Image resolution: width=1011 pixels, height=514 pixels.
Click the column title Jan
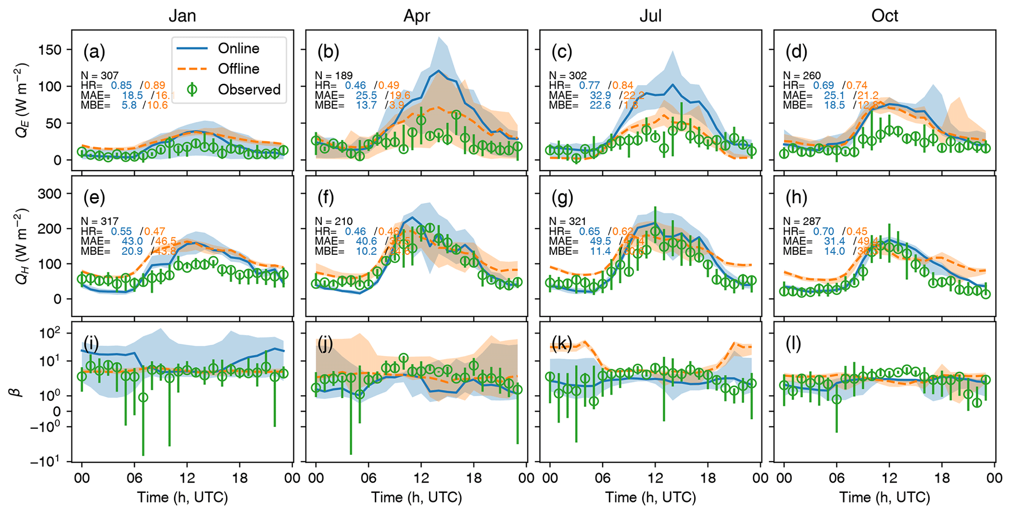tap(182, 16)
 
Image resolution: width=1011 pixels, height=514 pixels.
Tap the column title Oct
tap(884, 16)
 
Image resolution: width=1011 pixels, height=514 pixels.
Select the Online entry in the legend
tap(238, 48)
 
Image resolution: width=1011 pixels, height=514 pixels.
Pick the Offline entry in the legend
tap(238, 69)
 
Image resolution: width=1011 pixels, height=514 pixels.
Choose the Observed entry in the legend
tap(249, 89)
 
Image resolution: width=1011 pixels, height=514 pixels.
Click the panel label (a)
tap(94, 51)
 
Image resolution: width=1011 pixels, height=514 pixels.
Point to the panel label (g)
tap(562, 198)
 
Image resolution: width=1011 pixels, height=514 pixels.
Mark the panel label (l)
tap(793, 344)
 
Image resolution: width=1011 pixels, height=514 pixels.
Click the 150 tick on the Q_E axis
tap(50, 50)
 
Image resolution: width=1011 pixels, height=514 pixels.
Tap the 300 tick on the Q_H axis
tap(50, 194)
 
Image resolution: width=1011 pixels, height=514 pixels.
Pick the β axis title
tap(20, 391)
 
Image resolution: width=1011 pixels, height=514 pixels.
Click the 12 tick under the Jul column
tap(655, 478)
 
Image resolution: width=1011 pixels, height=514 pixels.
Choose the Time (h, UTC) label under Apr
tap(416, 498)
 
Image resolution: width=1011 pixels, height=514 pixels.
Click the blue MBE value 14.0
tap(834, 251)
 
